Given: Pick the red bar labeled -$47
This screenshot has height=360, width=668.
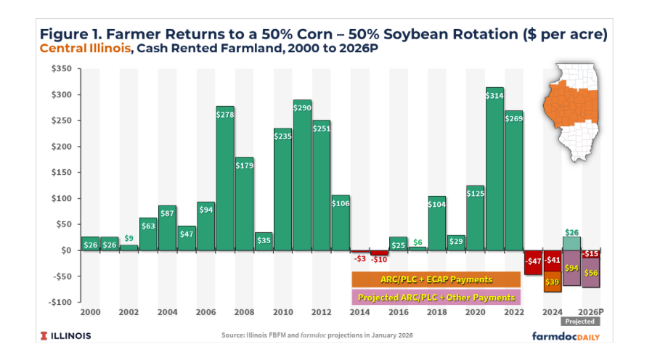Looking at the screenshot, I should pos(534,262).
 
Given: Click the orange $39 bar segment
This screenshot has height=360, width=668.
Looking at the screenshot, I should pos(553,282).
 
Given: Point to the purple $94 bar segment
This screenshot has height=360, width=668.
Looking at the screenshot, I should pos(572,268).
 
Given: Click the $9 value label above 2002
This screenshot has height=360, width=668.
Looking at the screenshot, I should pos(129,238).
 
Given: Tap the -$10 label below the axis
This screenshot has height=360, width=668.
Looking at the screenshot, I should pos(379,259).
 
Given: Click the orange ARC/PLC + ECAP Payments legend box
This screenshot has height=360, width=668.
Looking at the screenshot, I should pos(436,279).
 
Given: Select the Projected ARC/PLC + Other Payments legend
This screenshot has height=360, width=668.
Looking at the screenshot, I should pos(436,298).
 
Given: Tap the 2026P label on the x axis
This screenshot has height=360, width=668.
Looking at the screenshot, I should pos(592,312).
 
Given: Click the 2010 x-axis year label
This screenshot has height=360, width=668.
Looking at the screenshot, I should pos(282,312).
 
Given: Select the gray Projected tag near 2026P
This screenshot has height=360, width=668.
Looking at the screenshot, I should pos(580,322).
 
